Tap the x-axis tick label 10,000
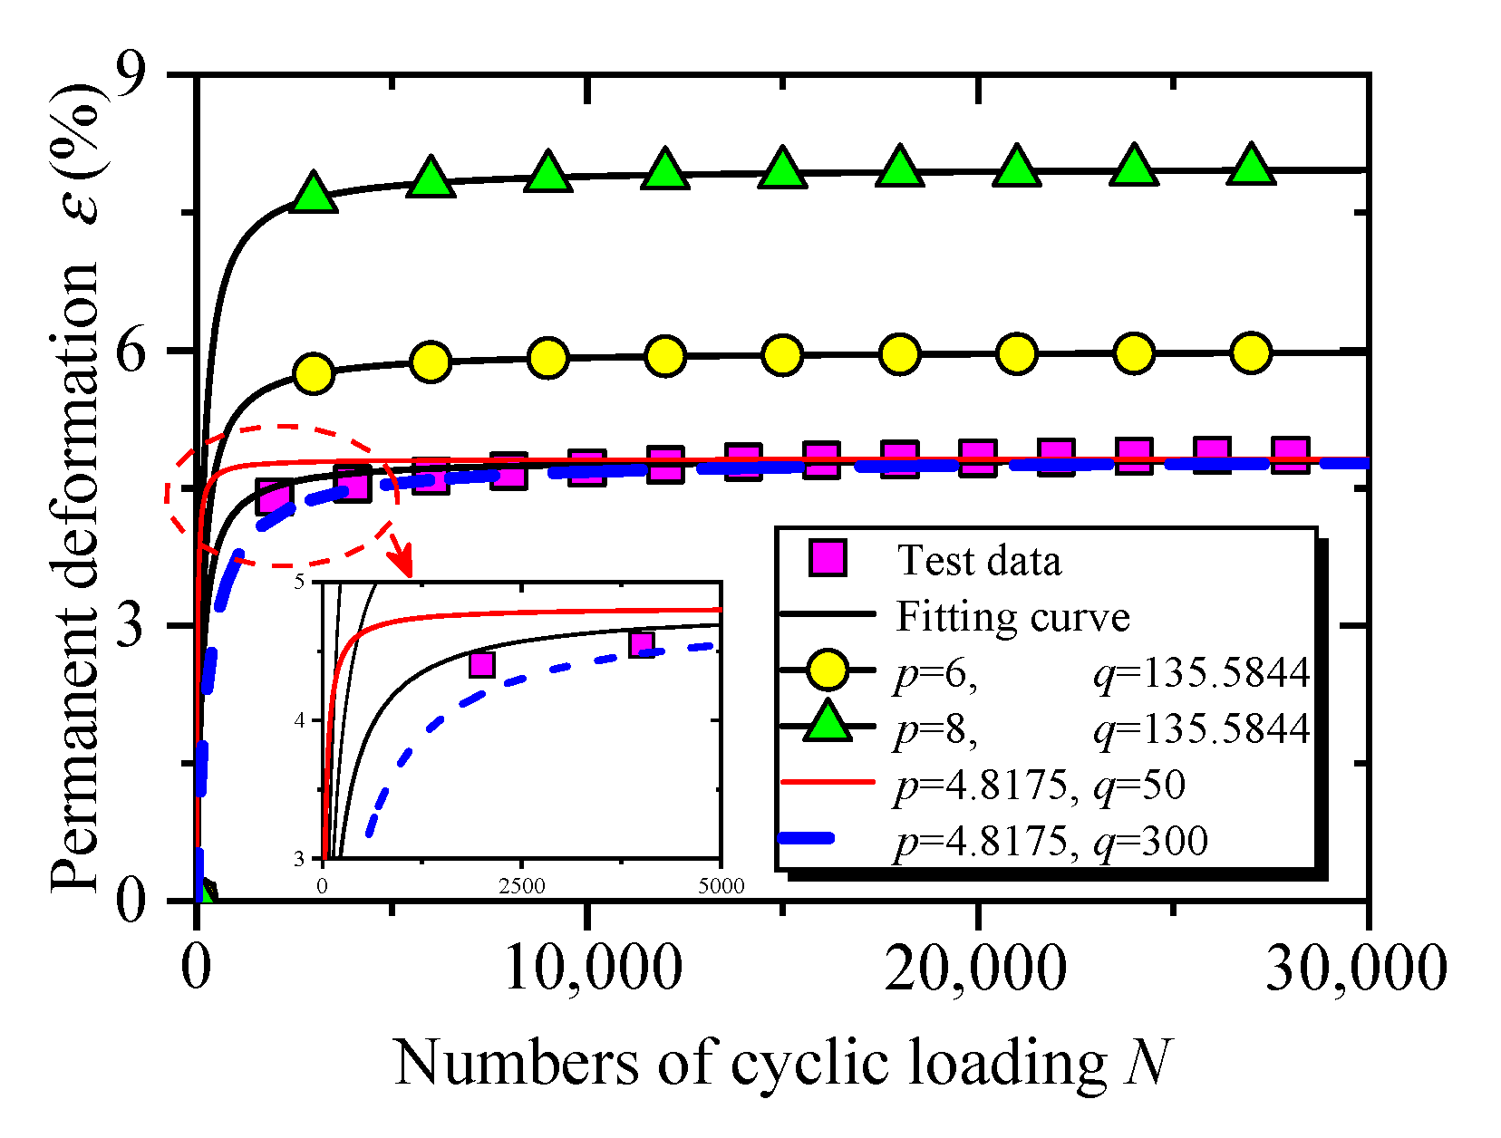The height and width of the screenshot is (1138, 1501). [591, 969]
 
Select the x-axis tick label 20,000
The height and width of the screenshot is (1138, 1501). [975, 969]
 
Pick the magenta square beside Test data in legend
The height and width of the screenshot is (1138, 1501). [827, 558]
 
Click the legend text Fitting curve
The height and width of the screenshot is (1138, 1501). [1012, 617]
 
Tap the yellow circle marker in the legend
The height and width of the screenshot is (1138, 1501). [827, 670]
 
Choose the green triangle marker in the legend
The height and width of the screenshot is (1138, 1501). [827, 724]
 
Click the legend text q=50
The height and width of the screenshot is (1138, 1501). [1140, 785]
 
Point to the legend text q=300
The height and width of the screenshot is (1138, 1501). [1151, 841]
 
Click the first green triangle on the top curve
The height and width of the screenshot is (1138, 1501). [314, 192]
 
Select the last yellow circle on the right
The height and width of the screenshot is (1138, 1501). [1252, 352]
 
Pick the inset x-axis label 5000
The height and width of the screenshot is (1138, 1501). [721, 886]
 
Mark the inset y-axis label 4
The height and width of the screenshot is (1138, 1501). [300, 720]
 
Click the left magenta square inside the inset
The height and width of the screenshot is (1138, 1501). [481, 664]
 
